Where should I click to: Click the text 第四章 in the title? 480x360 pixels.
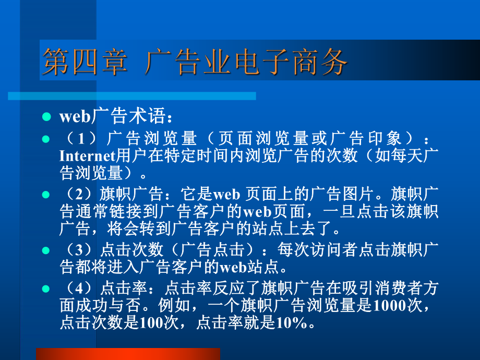pyautogui.click(x=85, y=62)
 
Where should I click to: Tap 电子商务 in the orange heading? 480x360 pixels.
pyautogui.click(x=291, y=62)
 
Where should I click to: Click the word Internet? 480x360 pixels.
pyautogui.click(x=87, y=155)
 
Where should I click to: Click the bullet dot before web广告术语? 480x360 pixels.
pyautogui.click(x=46, y=117)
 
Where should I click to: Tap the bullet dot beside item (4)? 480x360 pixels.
pyautogui.click(x=46, y=289)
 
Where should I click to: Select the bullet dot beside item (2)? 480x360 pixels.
pyautogui.click(x=46, y=195)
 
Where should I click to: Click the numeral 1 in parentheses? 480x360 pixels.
pyautogui.click(x=81, y=138)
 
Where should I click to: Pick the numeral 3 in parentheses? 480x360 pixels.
pyautogui.click(x=79, y=250)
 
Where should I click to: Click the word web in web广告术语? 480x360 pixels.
pyautogui.click(x=75, y=117)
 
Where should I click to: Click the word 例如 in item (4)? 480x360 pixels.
pyautogui.click(x=174, y=305)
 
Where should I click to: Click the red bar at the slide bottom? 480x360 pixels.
pyautogui.click(x=128, y=354)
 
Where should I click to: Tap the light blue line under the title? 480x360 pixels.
pyautogui.click(x=132, y=96)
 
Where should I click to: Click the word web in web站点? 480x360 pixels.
pyautogui.click(x=233, y=267)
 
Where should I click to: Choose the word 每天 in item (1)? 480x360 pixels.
pyautogui.click(x=407, y=155)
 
